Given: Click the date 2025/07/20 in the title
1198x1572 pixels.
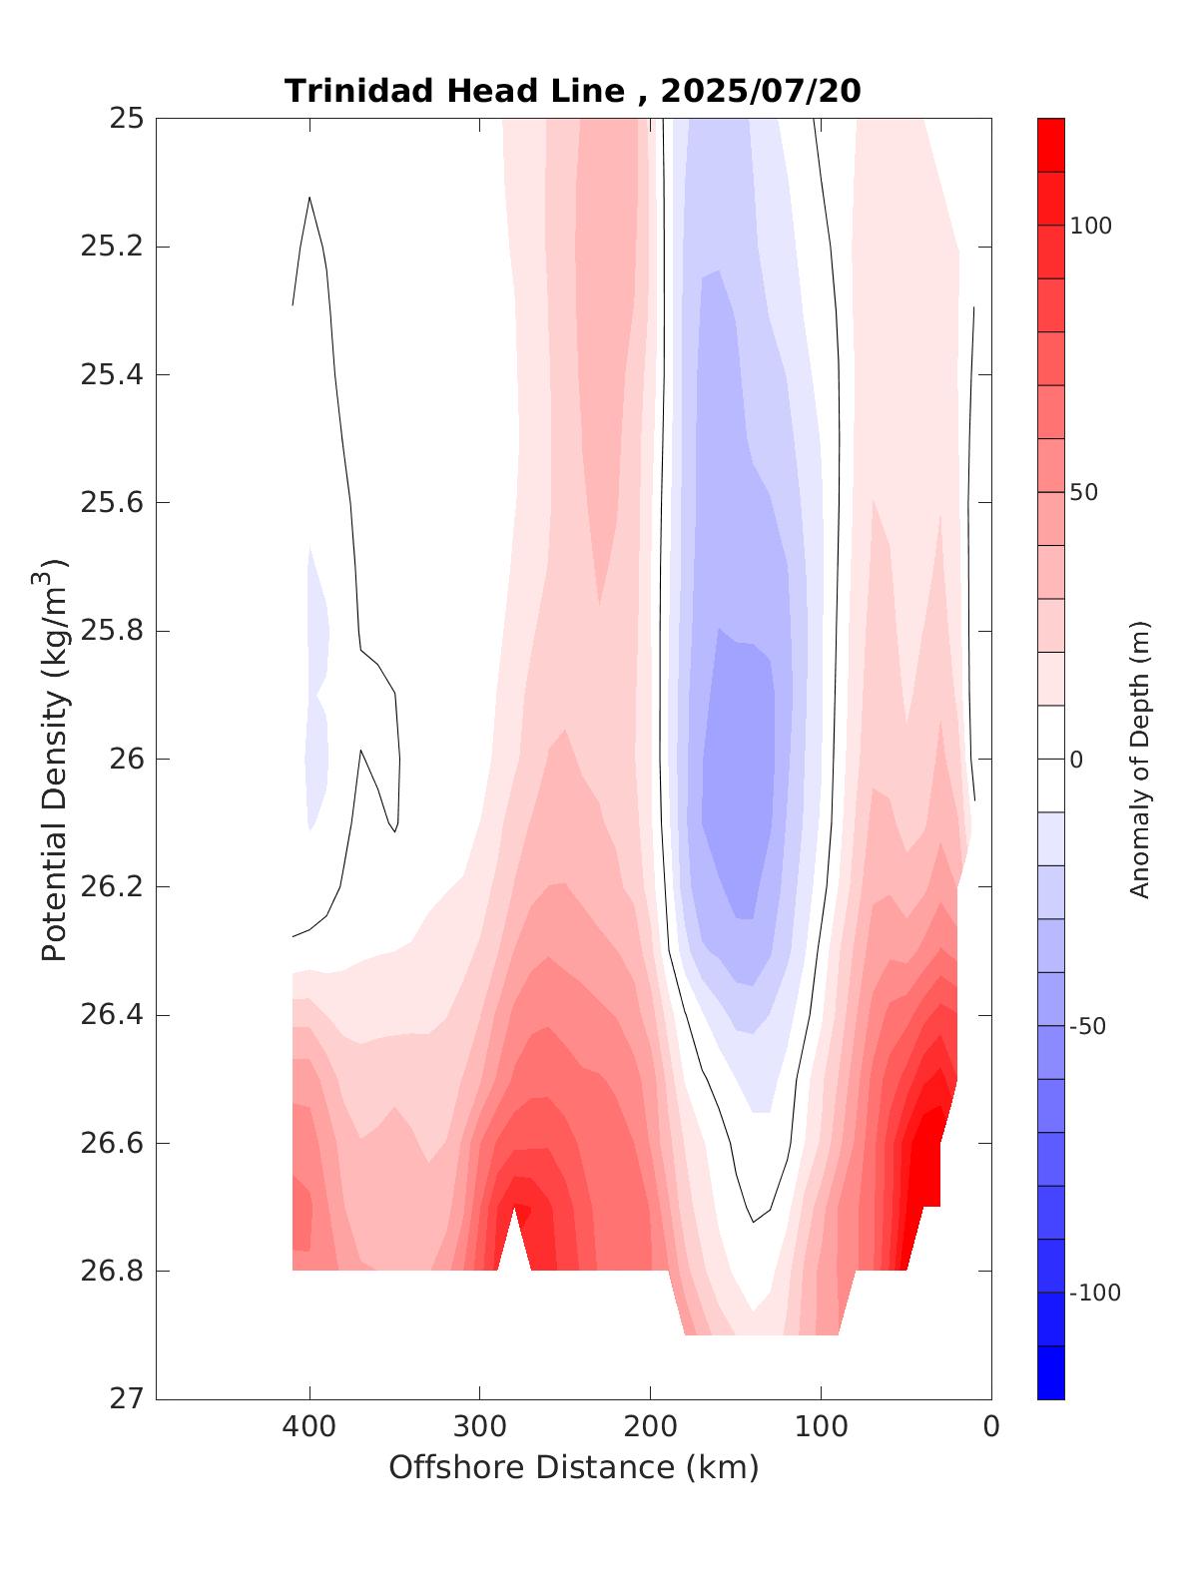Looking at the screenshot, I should tap(760, 91).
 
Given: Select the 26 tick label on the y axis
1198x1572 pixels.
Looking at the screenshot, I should tap(125, 760).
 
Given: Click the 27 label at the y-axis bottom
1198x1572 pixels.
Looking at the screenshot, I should tap(125, 1398).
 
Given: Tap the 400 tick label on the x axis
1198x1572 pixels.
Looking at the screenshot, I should tap(309, 1426).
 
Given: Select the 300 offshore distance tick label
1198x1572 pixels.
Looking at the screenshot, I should tap(480, 1426).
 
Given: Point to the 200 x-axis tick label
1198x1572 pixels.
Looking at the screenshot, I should tap(651, 1426).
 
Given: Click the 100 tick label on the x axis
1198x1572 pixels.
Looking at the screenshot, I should tap(822, 1426).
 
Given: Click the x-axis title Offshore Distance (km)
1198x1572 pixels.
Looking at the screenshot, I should tap(573, 1467).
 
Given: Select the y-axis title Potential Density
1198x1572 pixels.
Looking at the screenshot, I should tap(55, 759).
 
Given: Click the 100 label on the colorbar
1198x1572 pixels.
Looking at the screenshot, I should tap(1090, 226).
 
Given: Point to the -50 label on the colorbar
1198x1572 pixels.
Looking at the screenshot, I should tap(1087, 1027).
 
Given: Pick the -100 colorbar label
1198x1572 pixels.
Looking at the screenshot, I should tap(1094, 1294).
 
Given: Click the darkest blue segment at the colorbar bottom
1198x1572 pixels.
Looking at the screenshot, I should tap(1050, 1372).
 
